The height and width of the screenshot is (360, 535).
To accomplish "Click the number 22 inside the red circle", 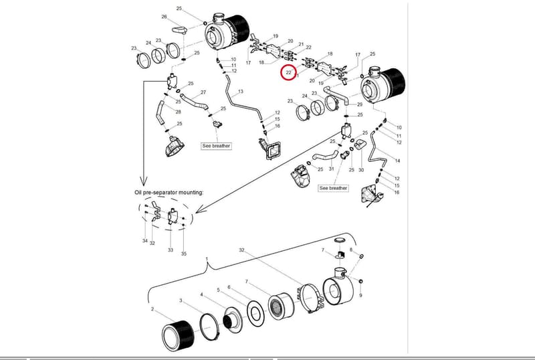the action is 289,72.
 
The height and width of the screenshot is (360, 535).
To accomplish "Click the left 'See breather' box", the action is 216,146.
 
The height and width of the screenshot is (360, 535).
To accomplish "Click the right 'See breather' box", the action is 333,188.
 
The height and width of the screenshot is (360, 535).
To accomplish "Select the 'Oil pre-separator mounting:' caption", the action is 169,192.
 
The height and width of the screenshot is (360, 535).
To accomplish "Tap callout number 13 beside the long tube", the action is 241,91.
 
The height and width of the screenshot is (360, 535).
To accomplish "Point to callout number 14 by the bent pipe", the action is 397,161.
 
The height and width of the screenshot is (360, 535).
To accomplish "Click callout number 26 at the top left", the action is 164,17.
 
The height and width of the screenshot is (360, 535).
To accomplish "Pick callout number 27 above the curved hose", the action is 203,92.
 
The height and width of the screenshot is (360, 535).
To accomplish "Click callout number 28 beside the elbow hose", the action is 178,112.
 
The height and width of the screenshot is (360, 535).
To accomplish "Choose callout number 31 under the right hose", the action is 331,169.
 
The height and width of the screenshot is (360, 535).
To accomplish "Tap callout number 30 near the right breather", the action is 361,170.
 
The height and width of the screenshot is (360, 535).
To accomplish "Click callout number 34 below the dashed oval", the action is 145,241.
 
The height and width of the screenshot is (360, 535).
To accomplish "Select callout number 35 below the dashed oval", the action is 184,254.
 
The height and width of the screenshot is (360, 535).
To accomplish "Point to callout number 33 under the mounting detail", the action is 171,250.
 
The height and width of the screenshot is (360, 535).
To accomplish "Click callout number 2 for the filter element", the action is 152,309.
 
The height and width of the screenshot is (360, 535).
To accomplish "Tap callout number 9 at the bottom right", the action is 360,296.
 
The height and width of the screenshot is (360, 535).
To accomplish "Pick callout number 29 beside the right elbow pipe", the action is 360,104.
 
